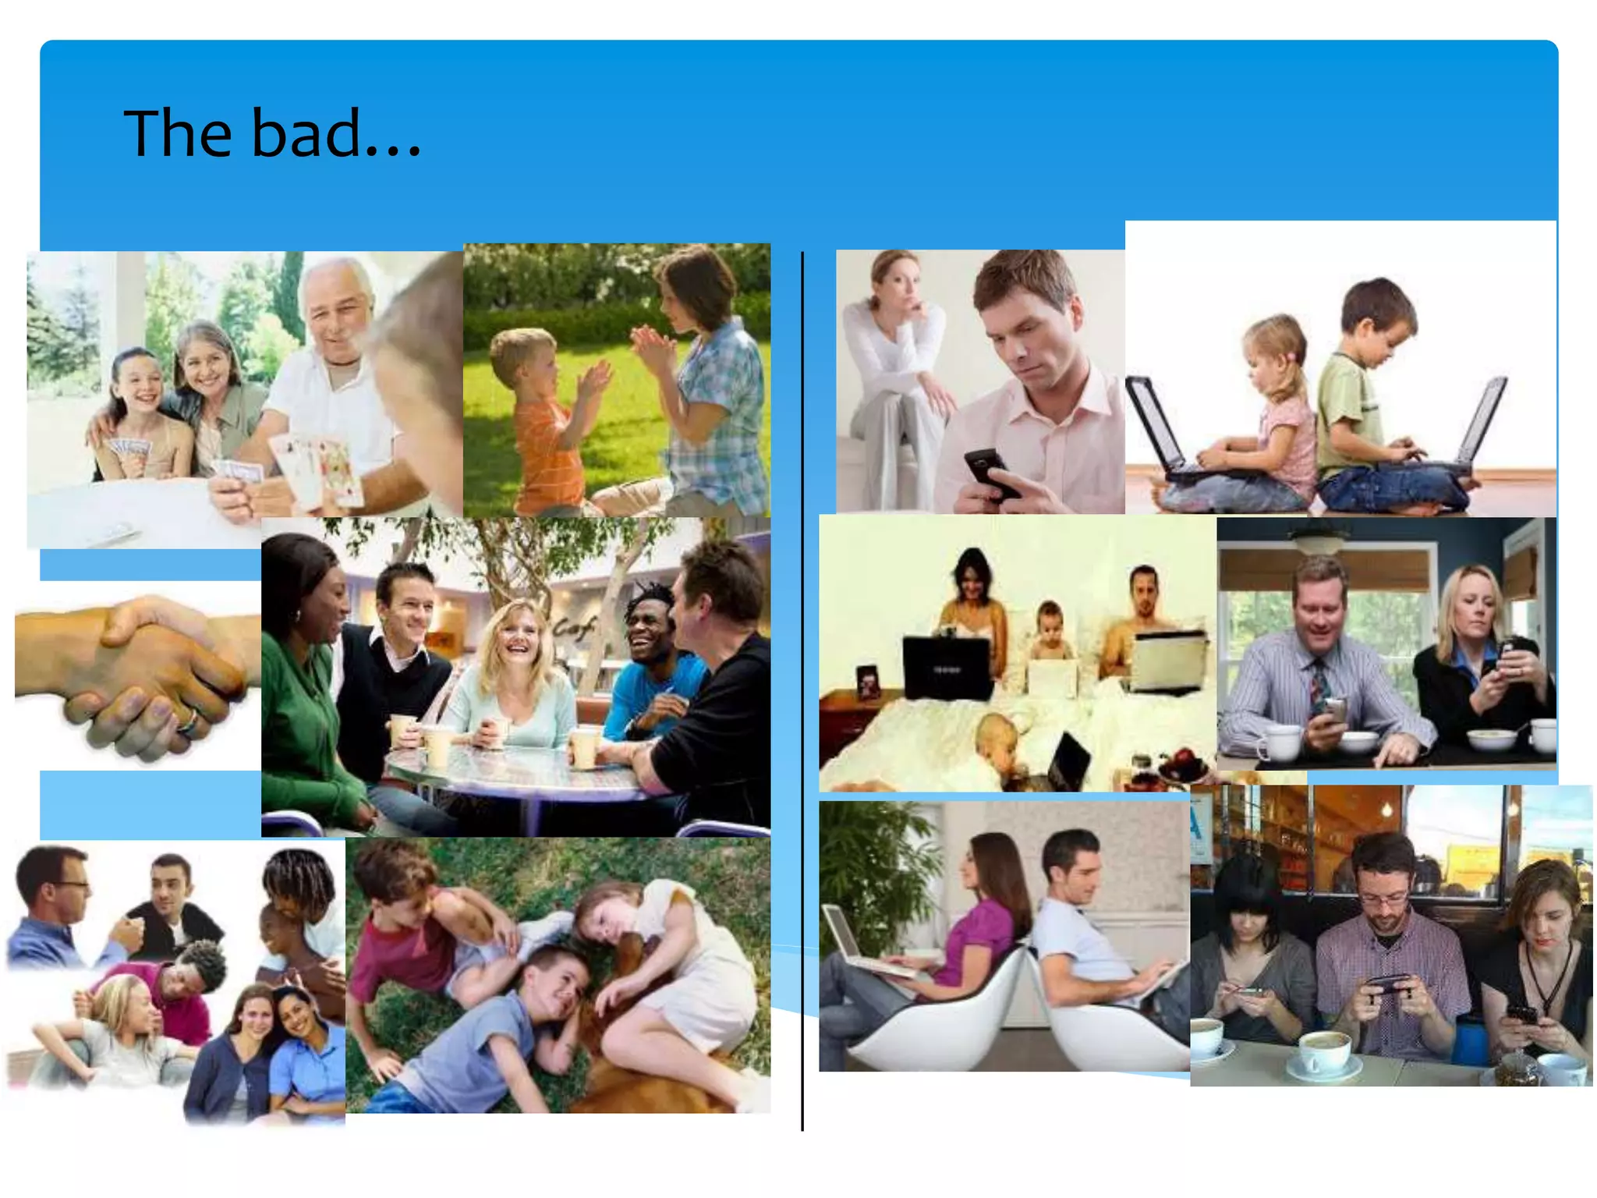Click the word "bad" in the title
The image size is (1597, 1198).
point(305,133)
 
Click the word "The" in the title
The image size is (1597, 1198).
point(178,133)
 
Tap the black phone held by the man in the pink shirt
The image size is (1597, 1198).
point(989,473)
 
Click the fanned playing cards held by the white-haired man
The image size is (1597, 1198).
point(320,468)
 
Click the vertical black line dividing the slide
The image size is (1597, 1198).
point(802,702)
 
